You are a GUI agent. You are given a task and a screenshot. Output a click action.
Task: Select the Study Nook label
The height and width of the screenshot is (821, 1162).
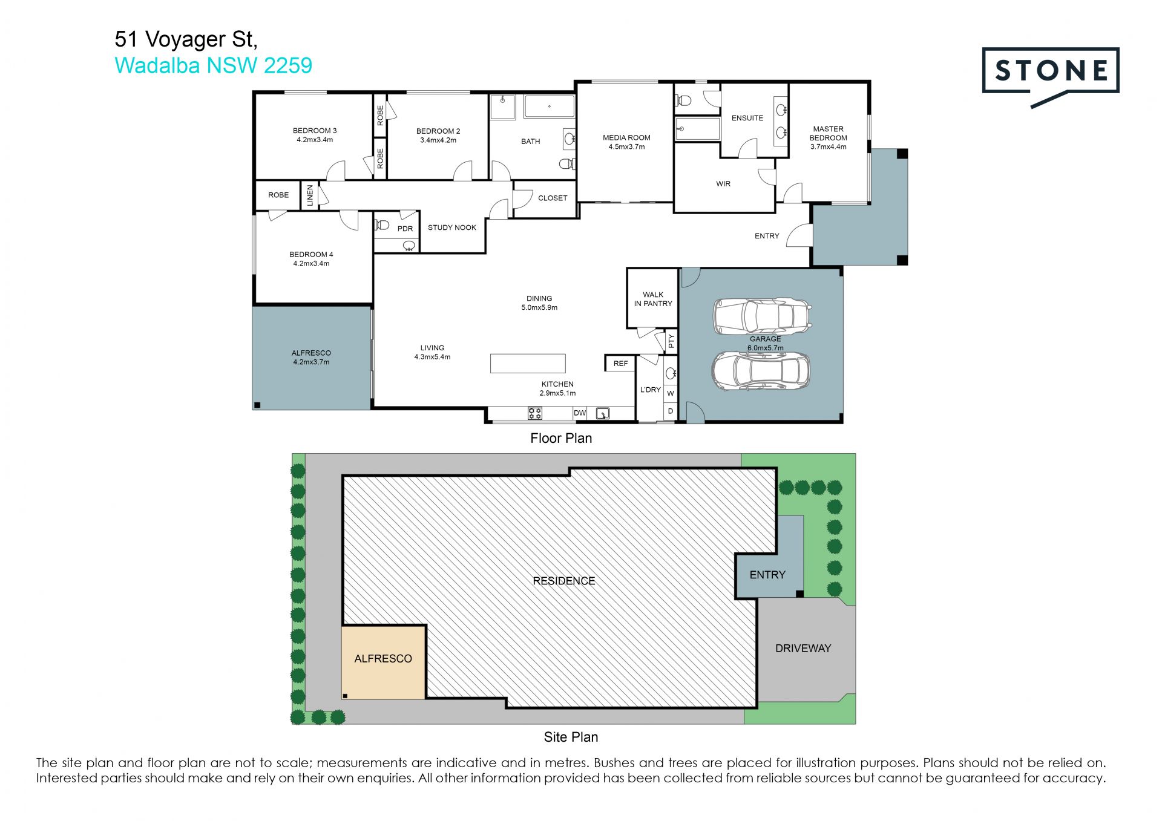coord(452,227)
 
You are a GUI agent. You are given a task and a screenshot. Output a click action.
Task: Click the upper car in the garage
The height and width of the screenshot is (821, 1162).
coord(762,316)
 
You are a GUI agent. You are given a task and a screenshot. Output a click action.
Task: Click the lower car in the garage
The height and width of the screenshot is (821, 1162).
coord(760,370)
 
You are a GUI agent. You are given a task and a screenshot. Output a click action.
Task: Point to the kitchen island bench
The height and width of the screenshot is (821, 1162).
coord(528,364)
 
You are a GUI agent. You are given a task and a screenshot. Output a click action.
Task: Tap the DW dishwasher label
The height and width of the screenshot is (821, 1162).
coord(580,413)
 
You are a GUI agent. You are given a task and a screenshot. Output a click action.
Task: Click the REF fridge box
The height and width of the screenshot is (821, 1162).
coord(620,363)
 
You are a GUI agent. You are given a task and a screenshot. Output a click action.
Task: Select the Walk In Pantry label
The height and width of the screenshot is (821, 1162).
coord(653,299)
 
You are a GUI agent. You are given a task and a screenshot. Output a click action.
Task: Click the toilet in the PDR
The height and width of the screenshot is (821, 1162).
coord(382,226)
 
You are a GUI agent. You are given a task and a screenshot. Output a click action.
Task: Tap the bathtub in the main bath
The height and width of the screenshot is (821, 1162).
coord(549,106)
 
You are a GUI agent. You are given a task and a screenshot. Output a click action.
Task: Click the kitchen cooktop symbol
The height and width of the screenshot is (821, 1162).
coord(535,413)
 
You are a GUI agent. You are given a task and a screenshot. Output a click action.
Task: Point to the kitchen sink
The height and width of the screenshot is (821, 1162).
coord(603,414)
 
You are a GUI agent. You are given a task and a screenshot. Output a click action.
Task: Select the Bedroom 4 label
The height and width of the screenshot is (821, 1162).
coord(311,259)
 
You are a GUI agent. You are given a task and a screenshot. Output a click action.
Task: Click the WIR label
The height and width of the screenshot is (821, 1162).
coord(723,184)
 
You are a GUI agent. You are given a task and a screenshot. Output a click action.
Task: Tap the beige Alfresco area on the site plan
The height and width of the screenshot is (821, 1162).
coord(384,662)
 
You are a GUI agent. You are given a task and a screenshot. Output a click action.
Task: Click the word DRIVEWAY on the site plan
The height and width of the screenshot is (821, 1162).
coord(803,648)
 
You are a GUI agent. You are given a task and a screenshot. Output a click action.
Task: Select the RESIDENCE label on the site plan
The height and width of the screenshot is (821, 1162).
coord(564,581)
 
